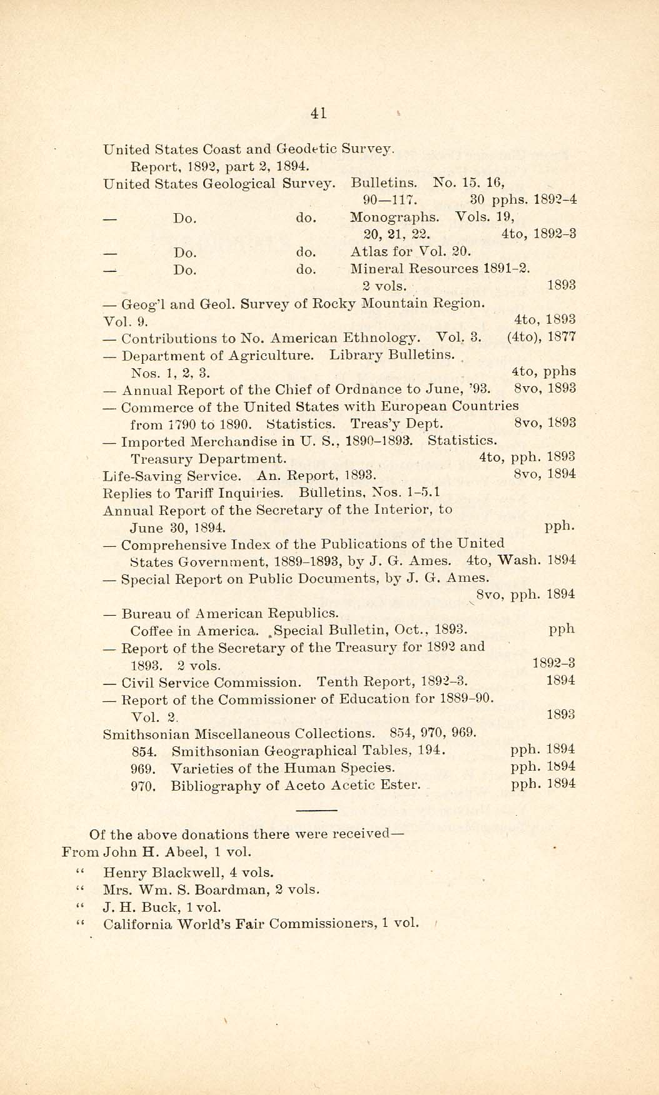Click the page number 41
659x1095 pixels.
[x=318, y=113]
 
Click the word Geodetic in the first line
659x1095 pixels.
[x=307, y=149]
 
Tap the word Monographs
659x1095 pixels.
[x=395, y=217]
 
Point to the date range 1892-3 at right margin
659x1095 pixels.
[x=553, y=664]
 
